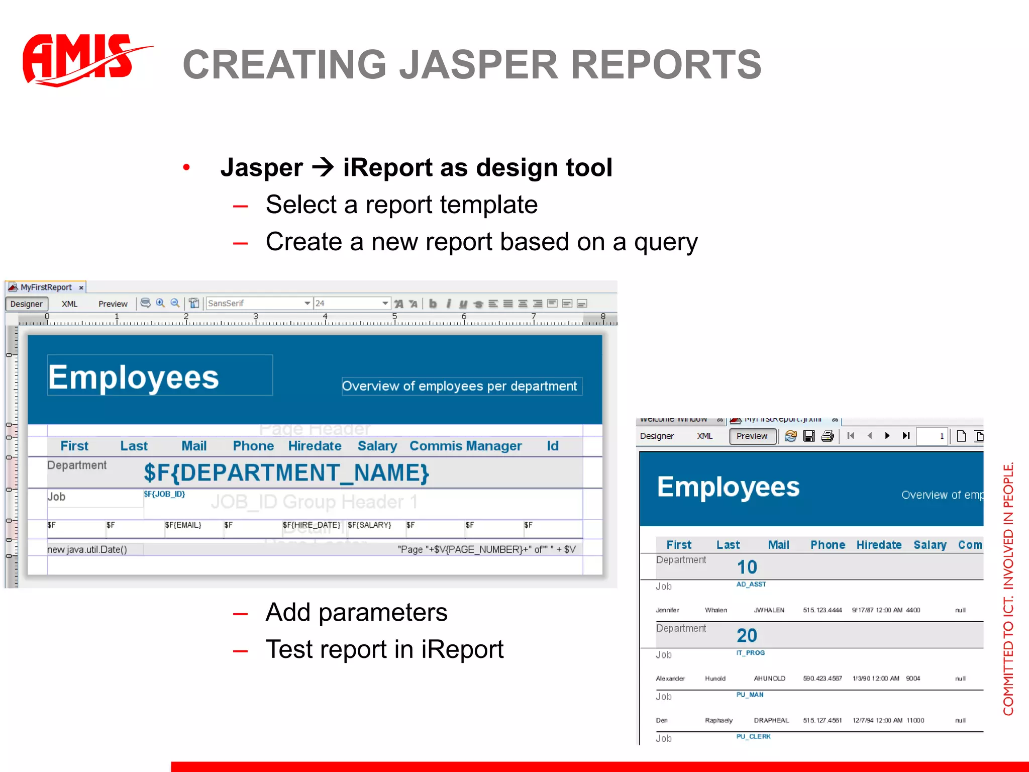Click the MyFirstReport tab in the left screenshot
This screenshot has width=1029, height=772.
pos(46,287)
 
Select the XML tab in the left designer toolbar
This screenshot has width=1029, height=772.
pos(69,304)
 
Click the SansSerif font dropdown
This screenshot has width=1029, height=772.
pos(259,304)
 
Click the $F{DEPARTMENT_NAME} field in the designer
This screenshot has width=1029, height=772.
pos(286,473)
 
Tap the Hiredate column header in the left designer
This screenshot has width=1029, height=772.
pos(315,446)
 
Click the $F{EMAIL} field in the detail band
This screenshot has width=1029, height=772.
pos(183,525)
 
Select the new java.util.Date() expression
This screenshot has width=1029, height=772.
pos(87,550)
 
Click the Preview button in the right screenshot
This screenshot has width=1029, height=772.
pos(752,436)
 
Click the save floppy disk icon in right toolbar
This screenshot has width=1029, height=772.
pos(809,436)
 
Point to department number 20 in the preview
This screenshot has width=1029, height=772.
pos(747,636)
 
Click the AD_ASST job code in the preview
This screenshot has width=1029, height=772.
pos(751,585)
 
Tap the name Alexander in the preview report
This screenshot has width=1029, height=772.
pos(670,679)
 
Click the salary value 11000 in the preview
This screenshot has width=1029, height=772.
pos(915,720)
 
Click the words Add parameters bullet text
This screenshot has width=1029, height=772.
pos(356,612)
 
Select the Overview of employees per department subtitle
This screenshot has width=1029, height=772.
pos(459,387)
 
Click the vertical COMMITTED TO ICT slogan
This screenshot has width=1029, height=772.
pos(1008,588)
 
